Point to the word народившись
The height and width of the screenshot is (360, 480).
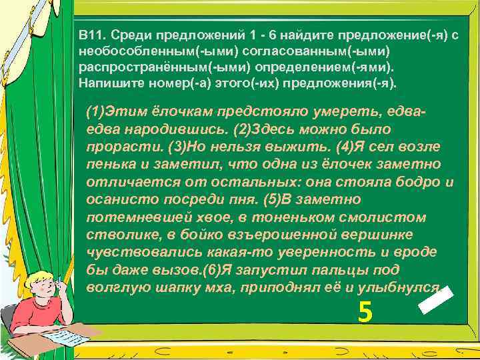(171, 127)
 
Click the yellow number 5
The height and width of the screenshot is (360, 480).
(364, 311)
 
